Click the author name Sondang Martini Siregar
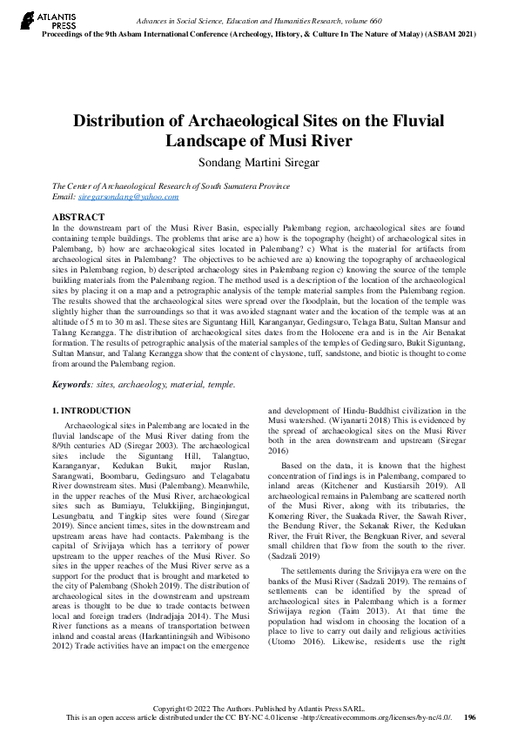pyautogui.click(x=259, y=161)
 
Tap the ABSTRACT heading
pyautogui.click(x=79, y=217)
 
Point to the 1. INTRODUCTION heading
pyautogui.click(x=91, y=410)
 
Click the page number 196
pyautogui.click(x=470, y=717)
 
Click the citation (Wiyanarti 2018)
pyautogui.click(x=356, y=420)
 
